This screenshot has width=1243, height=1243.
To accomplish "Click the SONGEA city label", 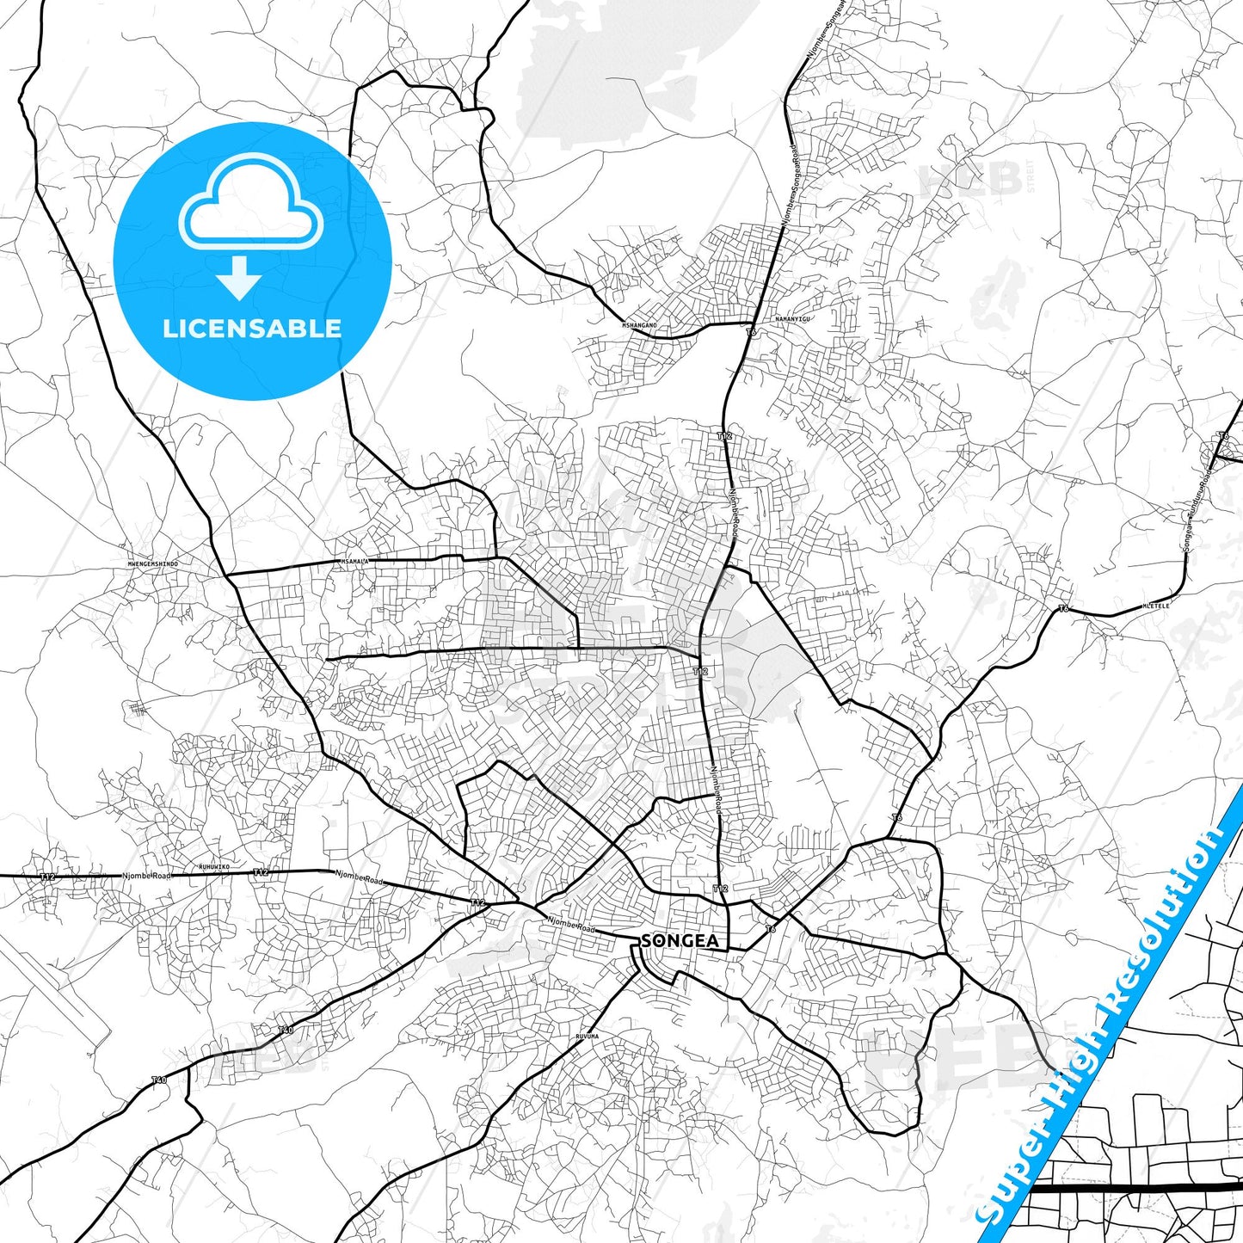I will click(x=680, y=941).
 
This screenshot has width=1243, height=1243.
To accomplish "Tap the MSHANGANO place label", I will click(x=639, y=325).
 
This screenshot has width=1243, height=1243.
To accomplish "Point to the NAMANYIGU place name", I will click(x=792, y=319).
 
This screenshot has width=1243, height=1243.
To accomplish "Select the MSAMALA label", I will click(x=354, y=562).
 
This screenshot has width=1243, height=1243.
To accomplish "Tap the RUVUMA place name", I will click(x=587, y=1037).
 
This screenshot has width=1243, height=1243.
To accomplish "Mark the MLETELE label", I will click(x=1155, y=606).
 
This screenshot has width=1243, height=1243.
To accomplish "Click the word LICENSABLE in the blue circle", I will click(x=252, y=329).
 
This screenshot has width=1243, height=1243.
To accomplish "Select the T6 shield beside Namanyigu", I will click(x=751, y=332).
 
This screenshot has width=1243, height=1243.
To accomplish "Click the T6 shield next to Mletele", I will click(x=1063, y=608).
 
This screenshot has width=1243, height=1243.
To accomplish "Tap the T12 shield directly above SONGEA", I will click(x=721, y=889).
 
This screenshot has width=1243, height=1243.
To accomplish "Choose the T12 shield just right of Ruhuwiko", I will click(x=261, y=872).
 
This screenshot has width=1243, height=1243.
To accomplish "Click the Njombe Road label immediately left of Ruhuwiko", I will click(x=146, y=876).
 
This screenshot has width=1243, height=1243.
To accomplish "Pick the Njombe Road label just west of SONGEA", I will click(x=571, y=925).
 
